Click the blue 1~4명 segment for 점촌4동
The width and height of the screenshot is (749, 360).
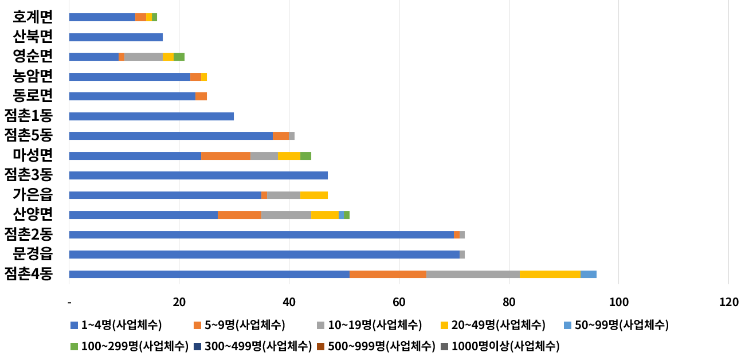click(209, 274)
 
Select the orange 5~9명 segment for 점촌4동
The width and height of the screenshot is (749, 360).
click(388, 274)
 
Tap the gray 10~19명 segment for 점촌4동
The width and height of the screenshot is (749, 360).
click(473, 274)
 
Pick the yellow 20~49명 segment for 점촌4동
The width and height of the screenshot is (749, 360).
click(550, 274)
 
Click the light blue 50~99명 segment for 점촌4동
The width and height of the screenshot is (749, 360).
click(589, 274)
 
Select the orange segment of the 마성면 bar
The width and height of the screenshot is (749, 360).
click(226, 156)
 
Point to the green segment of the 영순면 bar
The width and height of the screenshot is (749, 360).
click(179, 57)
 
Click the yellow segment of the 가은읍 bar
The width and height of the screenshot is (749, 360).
click(314, 195)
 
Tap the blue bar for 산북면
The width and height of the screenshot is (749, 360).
click(116, 37)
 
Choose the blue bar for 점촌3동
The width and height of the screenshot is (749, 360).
click(198, 175)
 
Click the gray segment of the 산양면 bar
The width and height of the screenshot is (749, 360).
click(286, 215)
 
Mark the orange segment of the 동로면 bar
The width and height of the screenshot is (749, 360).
click(201, 96)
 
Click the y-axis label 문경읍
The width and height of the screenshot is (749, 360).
click(33, 254)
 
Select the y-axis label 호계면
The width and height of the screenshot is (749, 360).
click(33, 17)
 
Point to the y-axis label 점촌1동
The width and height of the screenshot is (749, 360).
click(29, 116)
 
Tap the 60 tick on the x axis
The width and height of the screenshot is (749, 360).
click(399, 302)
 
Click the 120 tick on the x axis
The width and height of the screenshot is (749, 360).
click(728, 302)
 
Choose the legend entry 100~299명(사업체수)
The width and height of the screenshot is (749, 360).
click(131, 346)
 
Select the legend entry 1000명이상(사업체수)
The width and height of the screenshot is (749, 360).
click(500, 346)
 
